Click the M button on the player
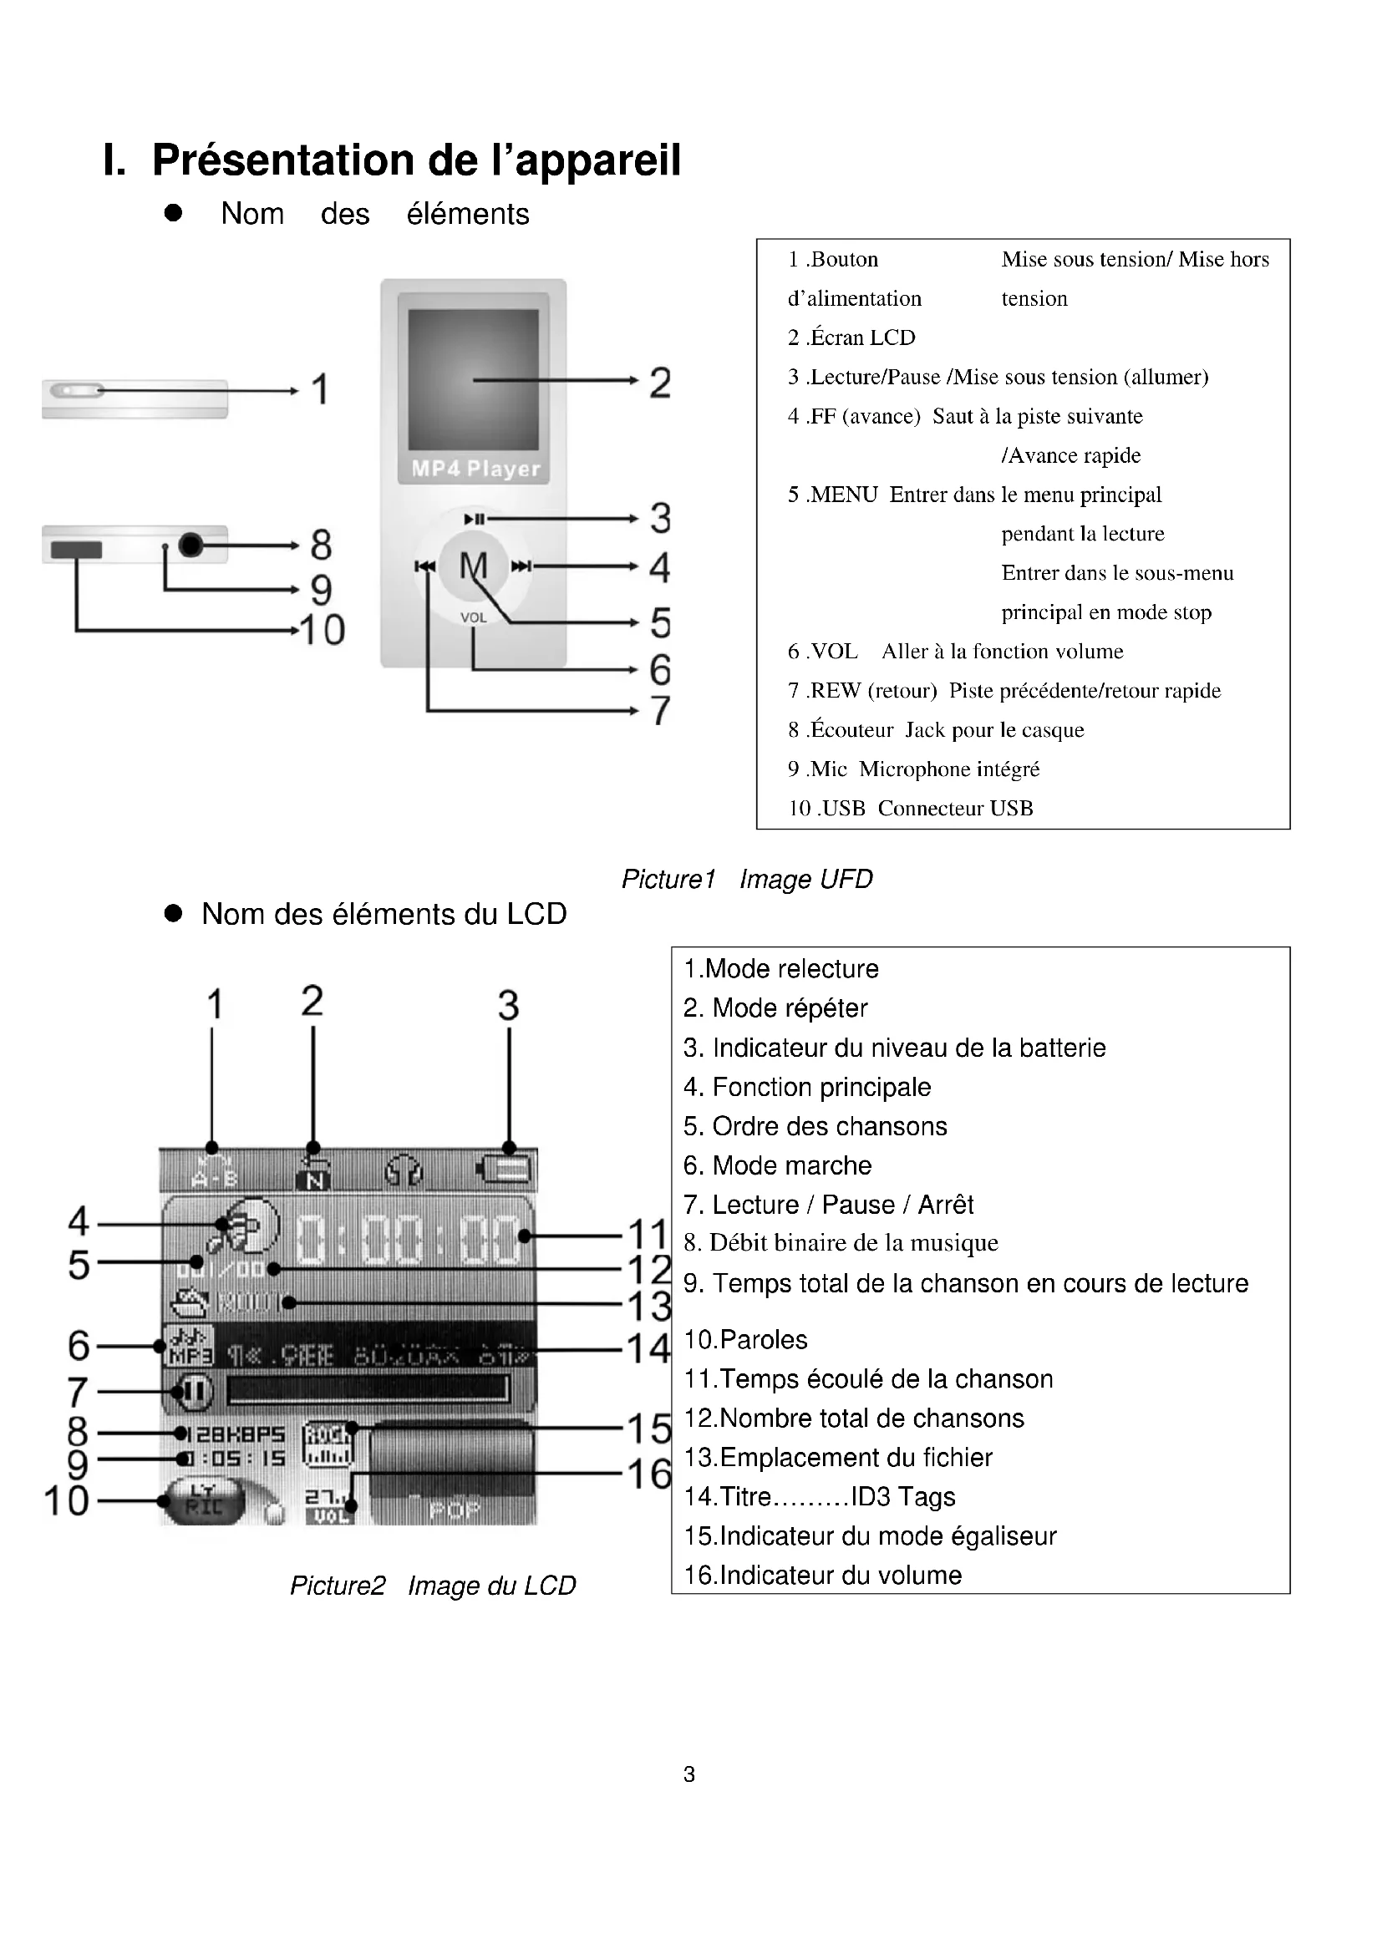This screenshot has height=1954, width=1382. click(x=473, y=565)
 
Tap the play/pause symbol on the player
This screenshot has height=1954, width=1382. click(x=474, y=519)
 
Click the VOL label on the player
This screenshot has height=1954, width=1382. click(x=473, y=618)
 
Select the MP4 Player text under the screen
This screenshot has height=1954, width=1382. click(x=475, y=469)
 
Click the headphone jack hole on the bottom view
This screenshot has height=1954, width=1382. click(x=191, y=544)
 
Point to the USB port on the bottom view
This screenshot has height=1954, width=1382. click(x=77, y=550)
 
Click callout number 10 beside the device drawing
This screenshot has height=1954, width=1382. click(x=323, y=631)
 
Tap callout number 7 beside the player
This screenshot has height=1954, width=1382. click(x=660, y=710)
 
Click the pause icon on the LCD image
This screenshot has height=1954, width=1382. click(x=192, y=1392)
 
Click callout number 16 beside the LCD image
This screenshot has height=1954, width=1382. click(x=649, y=1474)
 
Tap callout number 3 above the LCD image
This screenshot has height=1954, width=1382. click(x=508, y=1005)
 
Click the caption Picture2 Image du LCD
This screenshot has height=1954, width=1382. click(x=432, y=1586)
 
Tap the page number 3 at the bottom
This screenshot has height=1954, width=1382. click(x=689, y=1774)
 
